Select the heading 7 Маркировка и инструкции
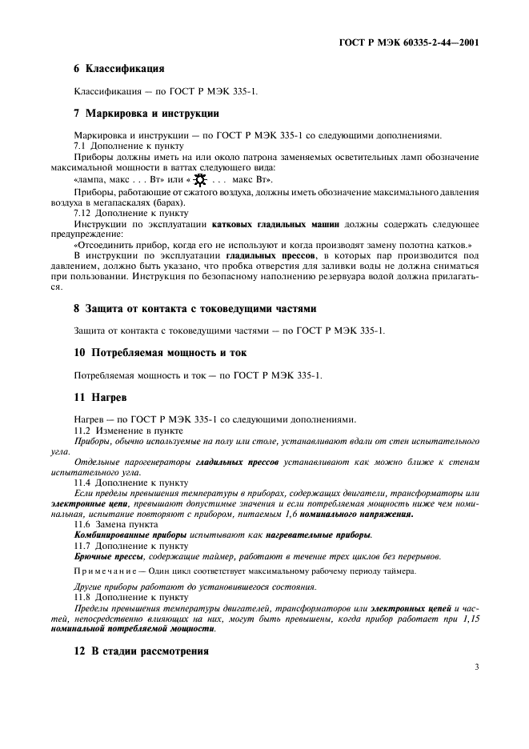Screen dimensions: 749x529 [146, 113]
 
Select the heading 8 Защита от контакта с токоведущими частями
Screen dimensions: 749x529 [195, 307]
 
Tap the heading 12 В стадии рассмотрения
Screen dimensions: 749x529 [141, 651]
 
